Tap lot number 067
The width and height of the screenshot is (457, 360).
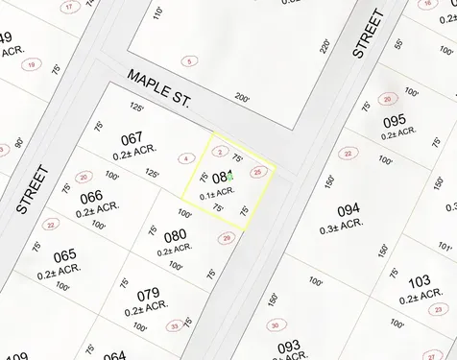132,138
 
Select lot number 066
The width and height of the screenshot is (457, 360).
91,198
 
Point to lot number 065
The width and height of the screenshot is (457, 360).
64,256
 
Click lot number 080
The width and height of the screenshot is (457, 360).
175,236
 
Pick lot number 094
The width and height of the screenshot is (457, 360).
349,209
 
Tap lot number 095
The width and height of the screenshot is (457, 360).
394,121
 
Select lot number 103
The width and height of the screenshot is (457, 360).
419,281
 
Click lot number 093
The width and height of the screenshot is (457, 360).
288,346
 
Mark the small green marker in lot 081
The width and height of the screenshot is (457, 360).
231,177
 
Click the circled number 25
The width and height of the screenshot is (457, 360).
256,172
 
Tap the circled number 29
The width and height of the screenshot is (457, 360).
227,238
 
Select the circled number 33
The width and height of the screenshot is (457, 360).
174,326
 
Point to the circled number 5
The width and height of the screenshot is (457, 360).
190,61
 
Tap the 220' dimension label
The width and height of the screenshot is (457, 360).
325,45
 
